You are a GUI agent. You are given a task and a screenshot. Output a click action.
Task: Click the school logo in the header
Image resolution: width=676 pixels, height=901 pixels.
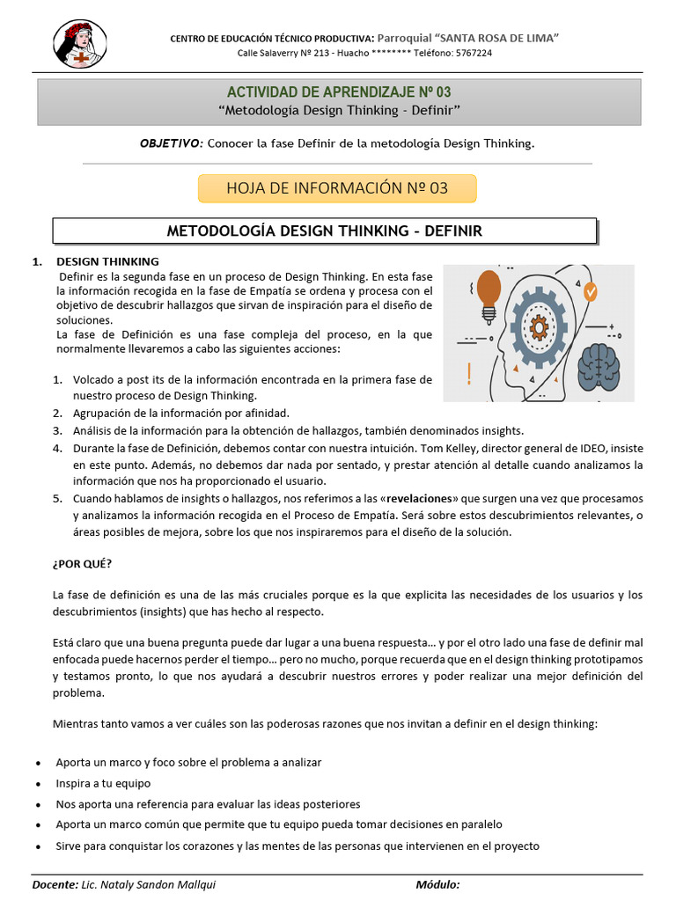(80, 45)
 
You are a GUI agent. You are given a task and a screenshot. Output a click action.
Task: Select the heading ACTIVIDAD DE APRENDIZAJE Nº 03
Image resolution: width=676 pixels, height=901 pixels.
(339, 92)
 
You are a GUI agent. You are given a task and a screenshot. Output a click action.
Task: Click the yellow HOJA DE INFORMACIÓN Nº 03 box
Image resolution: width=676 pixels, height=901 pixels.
(337, 188)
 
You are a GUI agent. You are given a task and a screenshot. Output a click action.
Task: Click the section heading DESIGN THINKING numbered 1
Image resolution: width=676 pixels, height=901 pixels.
(107, 261)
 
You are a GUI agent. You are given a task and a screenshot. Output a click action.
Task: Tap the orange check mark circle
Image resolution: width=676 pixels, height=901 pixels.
(590, 289)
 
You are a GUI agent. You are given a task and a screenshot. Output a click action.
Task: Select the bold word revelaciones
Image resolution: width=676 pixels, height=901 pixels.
(423, 498)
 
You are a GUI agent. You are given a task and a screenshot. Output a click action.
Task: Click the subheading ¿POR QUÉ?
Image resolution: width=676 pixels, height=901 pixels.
(83, 563)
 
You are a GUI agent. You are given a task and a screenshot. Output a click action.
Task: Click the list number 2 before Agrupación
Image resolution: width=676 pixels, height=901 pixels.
(56, 413)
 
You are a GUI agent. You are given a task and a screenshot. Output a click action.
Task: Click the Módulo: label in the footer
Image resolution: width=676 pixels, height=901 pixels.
(437, 885)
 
